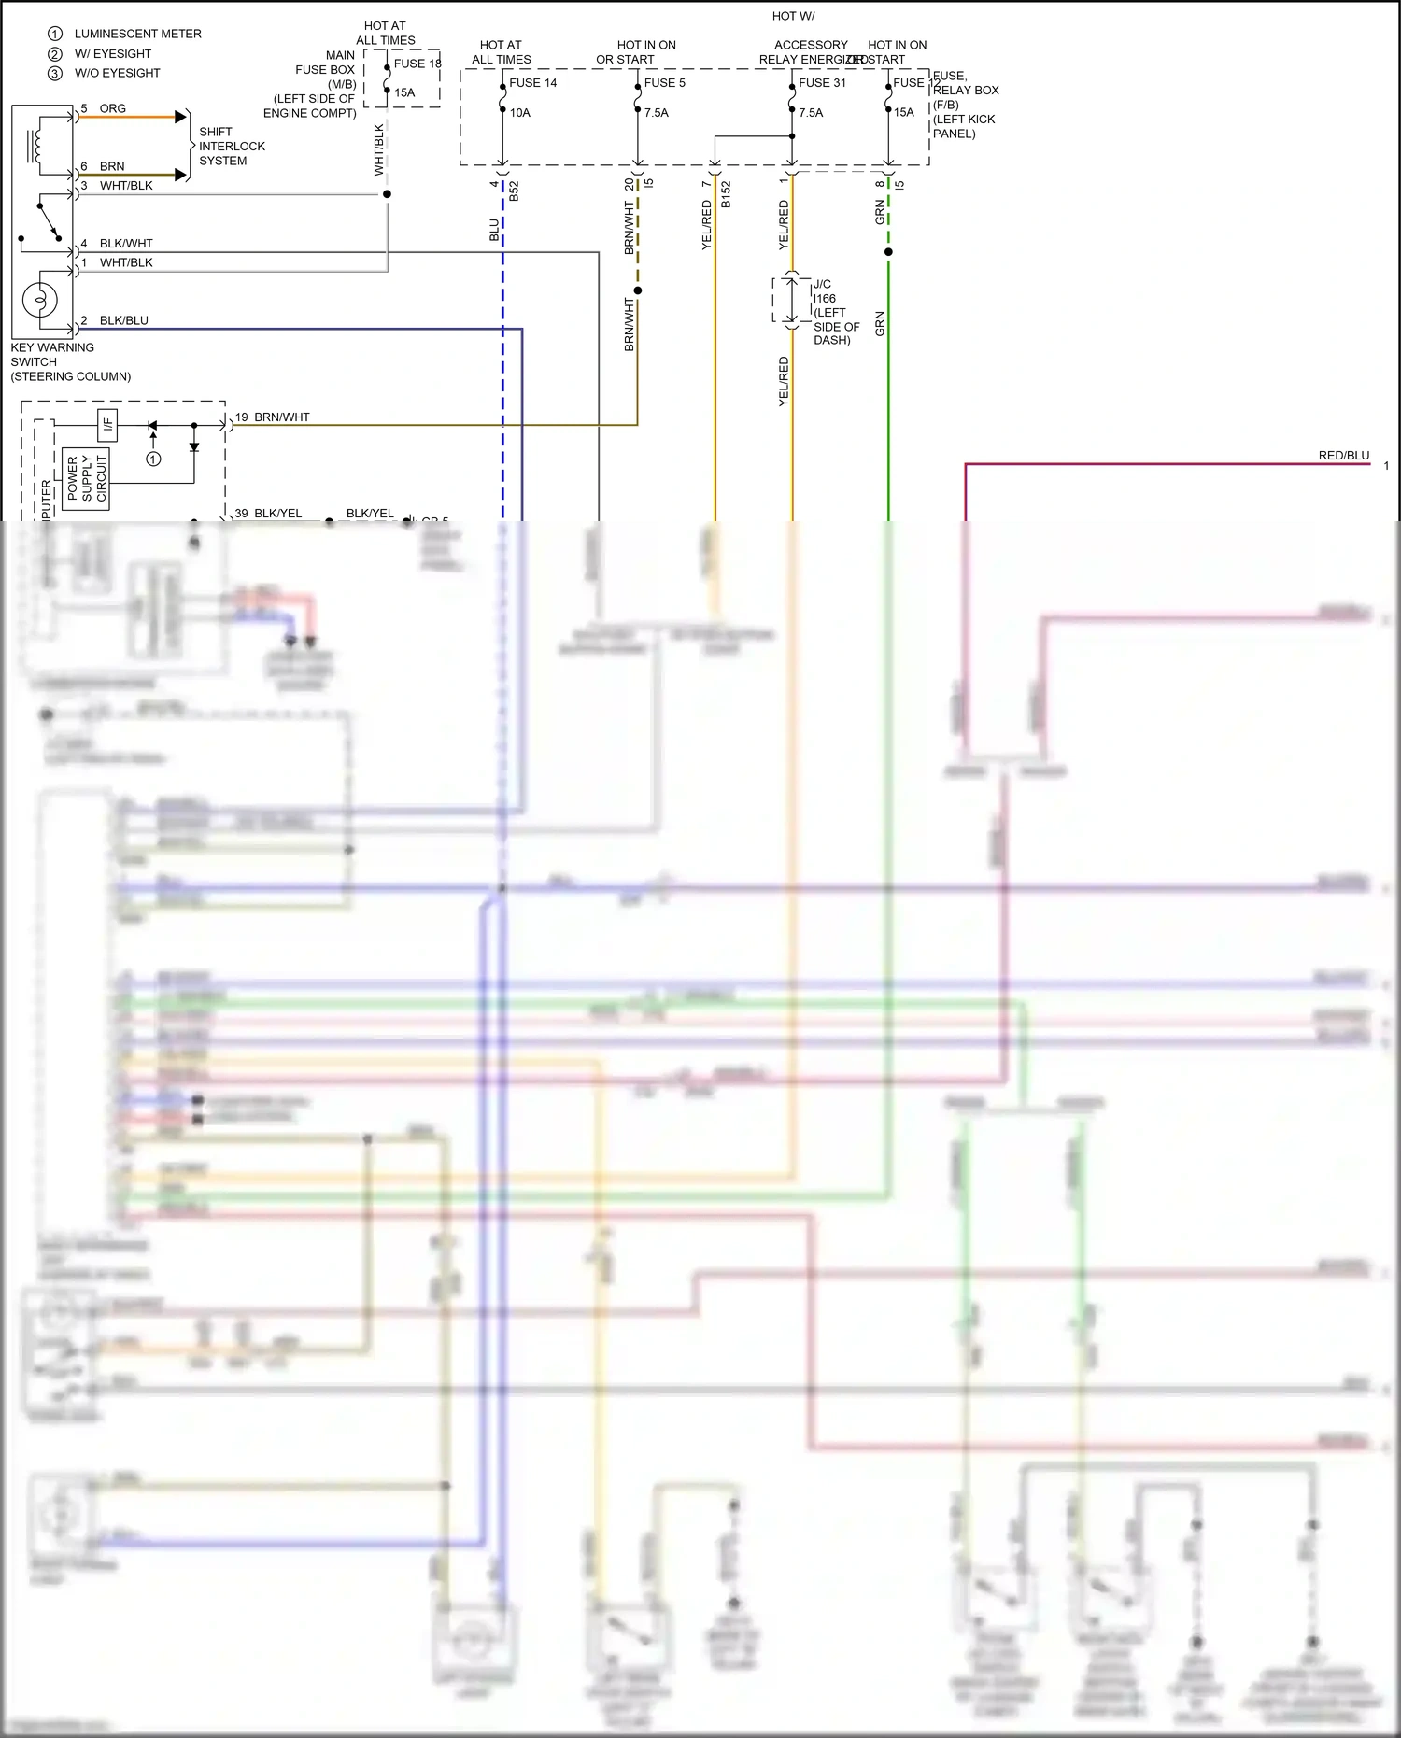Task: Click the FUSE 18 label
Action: pyautogui.click(x=417, y=64)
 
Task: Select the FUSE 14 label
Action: pyautogui.click(x=532, y=83)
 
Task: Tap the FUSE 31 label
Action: pyautogui.click(x=822, y=83)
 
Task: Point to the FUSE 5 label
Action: pyautogui.click(x=664, y=83)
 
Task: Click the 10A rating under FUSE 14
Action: pyautogui.click(x=519, y=113)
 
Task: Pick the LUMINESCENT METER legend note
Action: pyautogui.click(x=136, y=34)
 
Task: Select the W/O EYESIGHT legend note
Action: pyautogui.click(x=117, y=73)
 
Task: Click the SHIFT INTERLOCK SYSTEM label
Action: pyautogui.click(x=231, y=147)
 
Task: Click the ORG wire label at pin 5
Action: pyautogui.click(x=112, y=108)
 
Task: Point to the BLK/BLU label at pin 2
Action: pyautogui.click(x=123, y=320)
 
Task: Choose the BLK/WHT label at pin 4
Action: pyautogui.click(x=125, y=244)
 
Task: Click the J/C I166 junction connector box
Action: pyautogui.click(x=791, y=299)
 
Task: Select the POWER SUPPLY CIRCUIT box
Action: pyautogui.click(x=86, y=479)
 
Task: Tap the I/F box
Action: pyautogui.click(x=107, y=425)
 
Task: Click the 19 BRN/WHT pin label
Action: pyautogui.click(x=271, y=417)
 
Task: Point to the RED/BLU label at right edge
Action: pyautogui.click(x=1343, y=456)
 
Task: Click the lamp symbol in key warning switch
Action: pyautogui.click(x=40, y=301)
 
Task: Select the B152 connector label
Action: pyautogui.click(x=726, y=194)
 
